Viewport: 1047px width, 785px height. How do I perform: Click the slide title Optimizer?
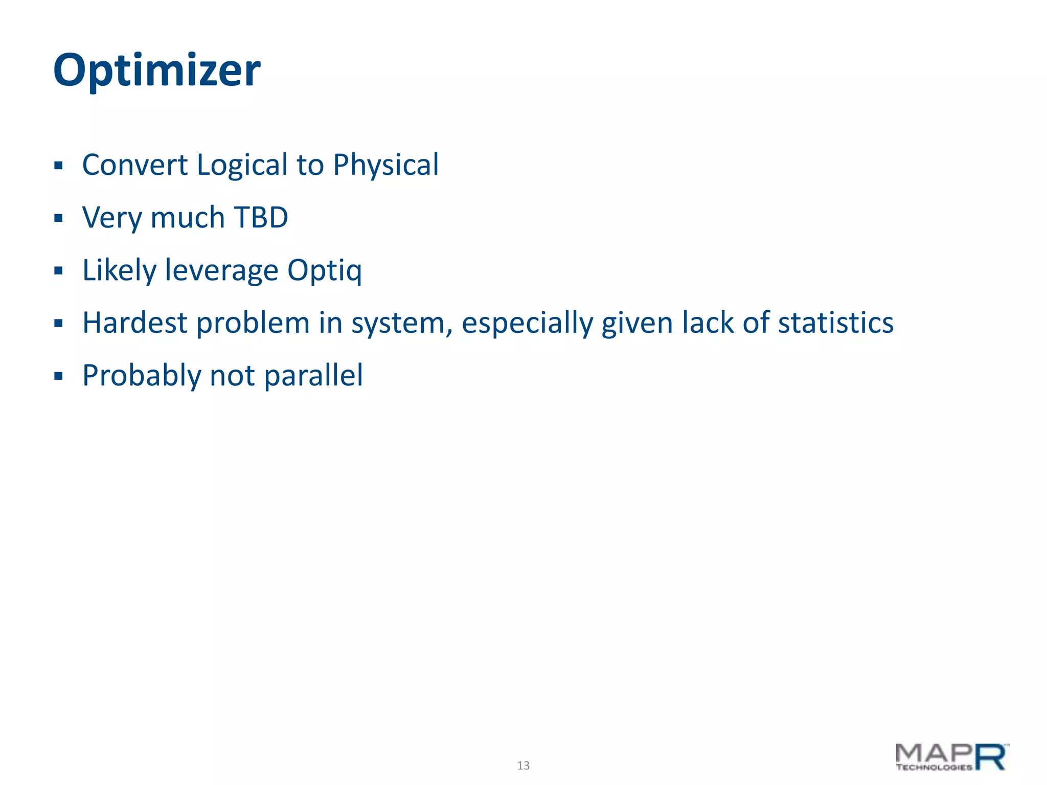[156, 71]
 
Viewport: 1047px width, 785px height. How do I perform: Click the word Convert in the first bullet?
[135, 165]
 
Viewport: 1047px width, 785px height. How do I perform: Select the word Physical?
[385, 165]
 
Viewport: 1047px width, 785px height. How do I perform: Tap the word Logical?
[242, 165]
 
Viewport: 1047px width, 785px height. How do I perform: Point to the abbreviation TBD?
[261, 218]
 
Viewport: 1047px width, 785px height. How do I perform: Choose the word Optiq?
[324, 270]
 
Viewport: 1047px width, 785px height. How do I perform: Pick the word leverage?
[221, 270]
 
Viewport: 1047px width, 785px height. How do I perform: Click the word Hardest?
[135, 323]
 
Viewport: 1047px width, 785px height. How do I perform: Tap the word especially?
[527, 323]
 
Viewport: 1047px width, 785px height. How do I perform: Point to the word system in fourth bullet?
[401, 323]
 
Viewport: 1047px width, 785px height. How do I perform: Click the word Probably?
[142, 376]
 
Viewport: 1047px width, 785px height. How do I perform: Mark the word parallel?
[313, 376]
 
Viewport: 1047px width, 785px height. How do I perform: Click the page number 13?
[523, 765]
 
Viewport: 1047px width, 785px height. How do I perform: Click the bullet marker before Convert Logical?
[58, 166]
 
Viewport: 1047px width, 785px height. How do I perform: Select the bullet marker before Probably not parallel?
[58, 377]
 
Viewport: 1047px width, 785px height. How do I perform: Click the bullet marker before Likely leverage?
[58, 271]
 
